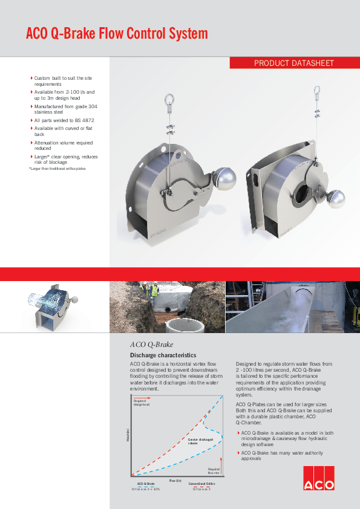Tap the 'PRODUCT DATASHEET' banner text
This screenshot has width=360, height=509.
tap(293, 63)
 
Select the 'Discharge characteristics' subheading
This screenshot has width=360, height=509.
tap(163, 355)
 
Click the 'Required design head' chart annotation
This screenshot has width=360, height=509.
tap(140, 403)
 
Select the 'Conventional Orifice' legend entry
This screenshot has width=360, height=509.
tap(201, 484)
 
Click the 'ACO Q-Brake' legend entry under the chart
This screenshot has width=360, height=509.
tap(146, 484)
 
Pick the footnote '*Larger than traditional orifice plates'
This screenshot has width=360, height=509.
tap(57, 168)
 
